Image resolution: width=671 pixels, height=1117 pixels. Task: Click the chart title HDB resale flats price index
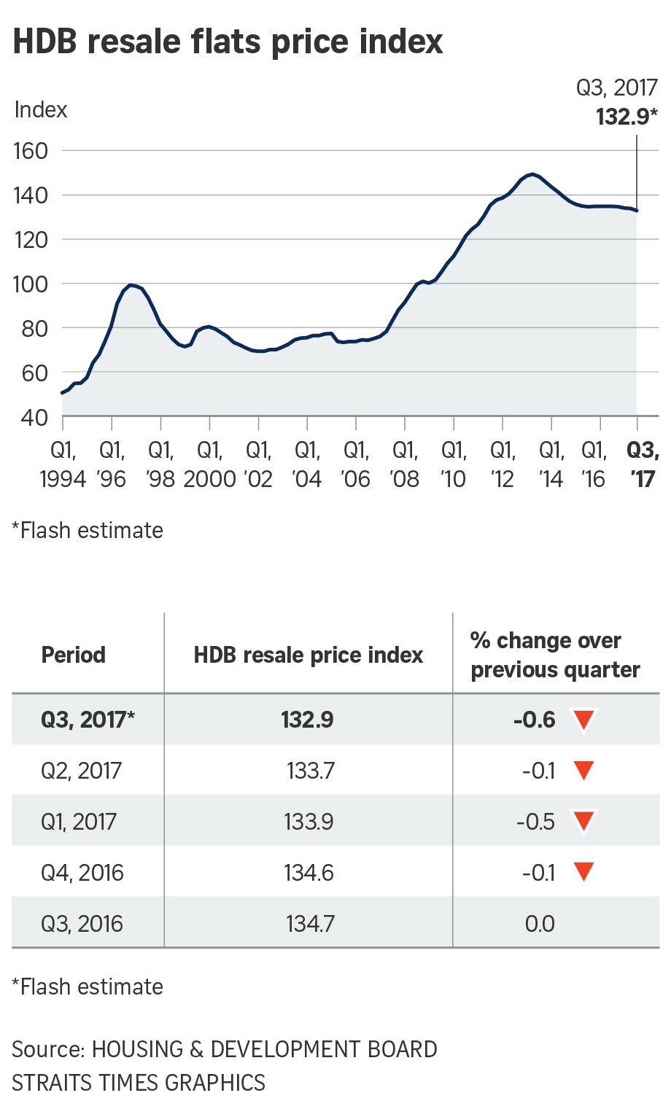(x=228, y=42)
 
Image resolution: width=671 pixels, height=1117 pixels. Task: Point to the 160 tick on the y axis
(x=31, y=151)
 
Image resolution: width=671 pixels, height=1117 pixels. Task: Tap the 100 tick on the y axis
(x=31, y=284)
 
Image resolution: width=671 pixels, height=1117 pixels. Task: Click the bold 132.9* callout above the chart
(x=627, y=117)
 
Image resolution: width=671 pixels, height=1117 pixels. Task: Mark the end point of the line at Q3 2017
(x=637, y=211)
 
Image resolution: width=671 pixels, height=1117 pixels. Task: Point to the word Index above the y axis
(x=41, y=110)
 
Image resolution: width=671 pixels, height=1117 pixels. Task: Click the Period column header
(x=74, y=655)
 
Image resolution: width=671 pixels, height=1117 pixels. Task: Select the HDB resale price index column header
(x=308, y=655)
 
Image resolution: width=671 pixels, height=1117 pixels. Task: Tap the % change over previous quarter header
(x=555, y=655)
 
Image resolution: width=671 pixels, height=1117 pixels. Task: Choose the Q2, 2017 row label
(x=81, y=771)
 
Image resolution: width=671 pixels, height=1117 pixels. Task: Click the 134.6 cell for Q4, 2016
(x=309, y=873)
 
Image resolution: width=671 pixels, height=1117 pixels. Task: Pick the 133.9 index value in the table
(x=309, y=822)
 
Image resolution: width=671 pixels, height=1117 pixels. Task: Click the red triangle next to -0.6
(x=584, y=720)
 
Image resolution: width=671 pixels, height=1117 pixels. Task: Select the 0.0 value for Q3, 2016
(x=540, y=924)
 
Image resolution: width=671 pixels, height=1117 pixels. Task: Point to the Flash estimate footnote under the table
(x=88, y=986)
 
